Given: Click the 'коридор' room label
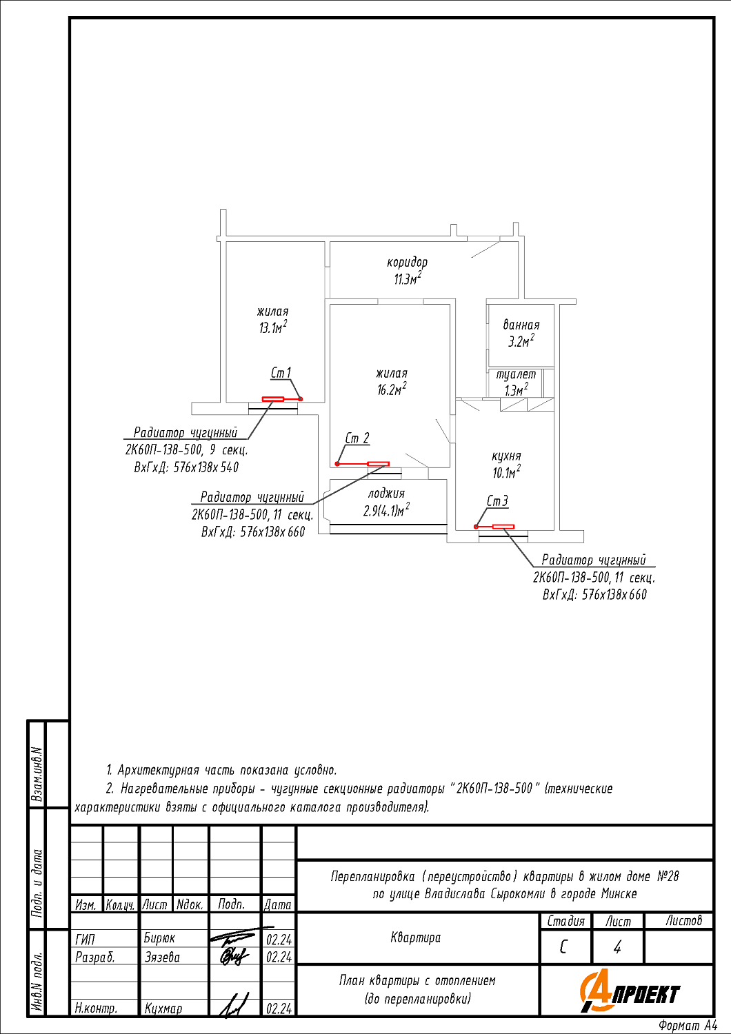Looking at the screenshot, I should coord(407,263).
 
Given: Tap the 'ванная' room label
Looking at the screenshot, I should coord(521,325).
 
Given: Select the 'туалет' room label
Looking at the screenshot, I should coord(516,374).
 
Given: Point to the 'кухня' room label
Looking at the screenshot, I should coord(506,456).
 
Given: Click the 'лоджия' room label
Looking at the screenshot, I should coord(386,494).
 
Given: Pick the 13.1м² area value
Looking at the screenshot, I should coord(272,328).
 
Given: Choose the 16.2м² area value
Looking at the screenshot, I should coord(391,389).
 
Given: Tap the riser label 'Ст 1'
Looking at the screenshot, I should coord(281,373).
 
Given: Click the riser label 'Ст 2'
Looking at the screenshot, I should coord(357,438).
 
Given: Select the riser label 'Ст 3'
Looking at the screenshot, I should coord(497,501).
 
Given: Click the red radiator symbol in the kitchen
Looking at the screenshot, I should coord(503,527).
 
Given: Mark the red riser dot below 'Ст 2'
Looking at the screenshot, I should coord(337,464).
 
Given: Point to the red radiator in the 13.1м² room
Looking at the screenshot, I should coord(273,399).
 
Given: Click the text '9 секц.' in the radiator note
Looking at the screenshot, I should coord(228,450).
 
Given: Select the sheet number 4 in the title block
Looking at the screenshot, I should coord(617,948).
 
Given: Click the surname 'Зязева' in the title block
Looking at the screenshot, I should coord(162,957).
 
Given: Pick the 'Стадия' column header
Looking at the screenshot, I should coord(565,921).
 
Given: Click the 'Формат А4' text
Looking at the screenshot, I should coord(688,1026).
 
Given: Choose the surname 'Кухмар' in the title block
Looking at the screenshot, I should coord(163,1008).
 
